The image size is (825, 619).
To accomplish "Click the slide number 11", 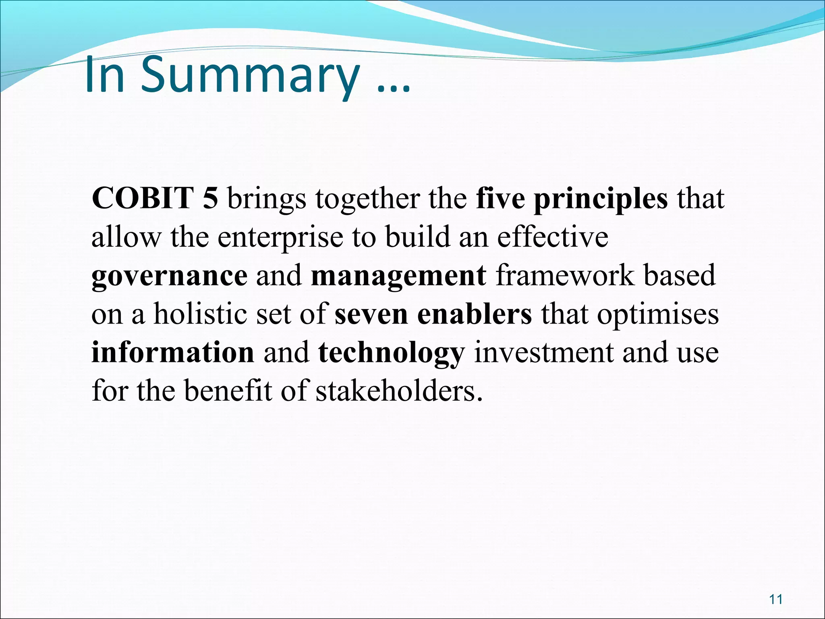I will (775, 599).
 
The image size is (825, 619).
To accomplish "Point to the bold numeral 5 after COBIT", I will (210, 198).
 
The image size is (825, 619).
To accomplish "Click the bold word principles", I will (601, 199).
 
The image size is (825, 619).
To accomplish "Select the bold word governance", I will (169, 276).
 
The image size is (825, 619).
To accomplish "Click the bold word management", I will (399, 276).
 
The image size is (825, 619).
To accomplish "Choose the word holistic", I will (200, 314).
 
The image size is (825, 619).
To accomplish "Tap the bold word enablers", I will (475, 314).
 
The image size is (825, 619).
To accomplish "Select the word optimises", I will (658, 315).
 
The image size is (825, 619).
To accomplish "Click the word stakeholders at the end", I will (399, 391).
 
